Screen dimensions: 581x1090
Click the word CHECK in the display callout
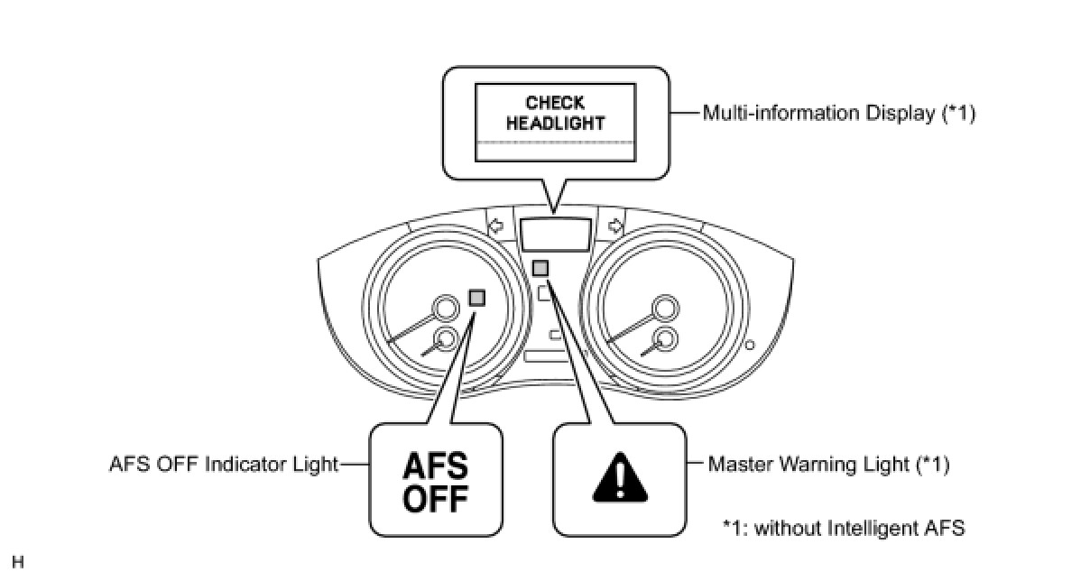(555, 103)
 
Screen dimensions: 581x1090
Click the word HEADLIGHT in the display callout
(555, 122)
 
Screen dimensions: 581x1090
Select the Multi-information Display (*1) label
(839, 114)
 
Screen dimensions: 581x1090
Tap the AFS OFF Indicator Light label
(223, 465)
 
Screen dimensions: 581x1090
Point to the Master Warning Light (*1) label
(828, 465)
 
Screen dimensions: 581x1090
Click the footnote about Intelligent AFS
(844, 528)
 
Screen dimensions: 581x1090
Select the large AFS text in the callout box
(435, 467)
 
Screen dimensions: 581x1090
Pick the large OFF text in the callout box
(435, 498)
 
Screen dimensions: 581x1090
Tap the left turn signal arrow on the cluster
(494, 226)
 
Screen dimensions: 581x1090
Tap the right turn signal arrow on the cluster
(616, 226)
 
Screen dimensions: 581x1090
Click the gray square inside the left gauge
(477, 297)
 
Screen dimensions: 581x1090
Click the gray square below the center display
(540, 268)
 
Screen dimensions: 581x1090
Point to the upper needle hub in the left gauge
(444, 309)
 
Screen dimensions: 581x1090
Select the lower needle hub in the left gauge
(444, 339)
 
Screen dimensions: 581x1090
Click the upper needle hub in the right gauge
(665, 309)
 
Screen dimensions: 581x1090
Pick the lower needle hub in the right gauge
(665, 339)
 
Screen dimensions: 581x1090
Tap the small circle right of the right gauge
(748, 344)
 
